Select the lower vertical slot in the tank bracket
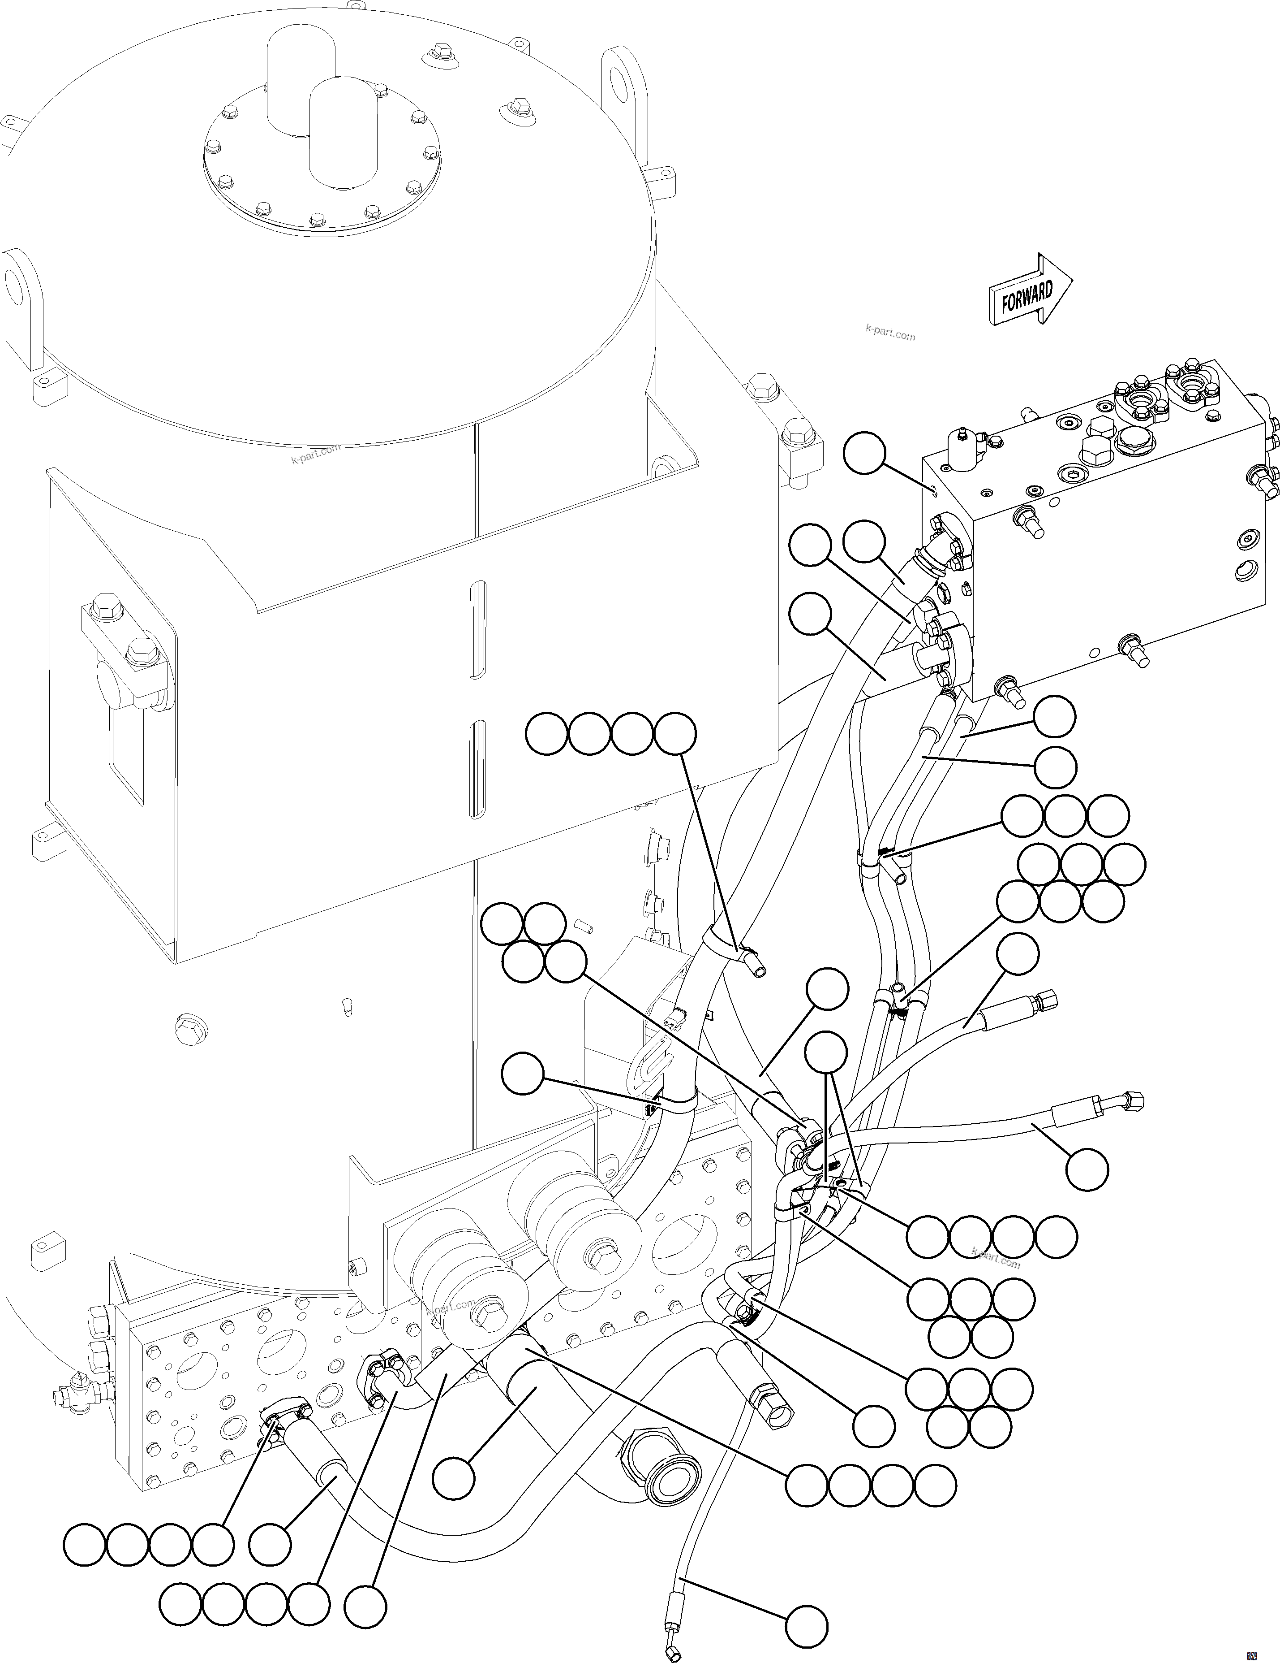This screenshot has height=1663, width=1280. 477,769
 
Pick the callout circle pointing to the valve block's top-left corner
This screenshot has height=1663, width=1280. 864,454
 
